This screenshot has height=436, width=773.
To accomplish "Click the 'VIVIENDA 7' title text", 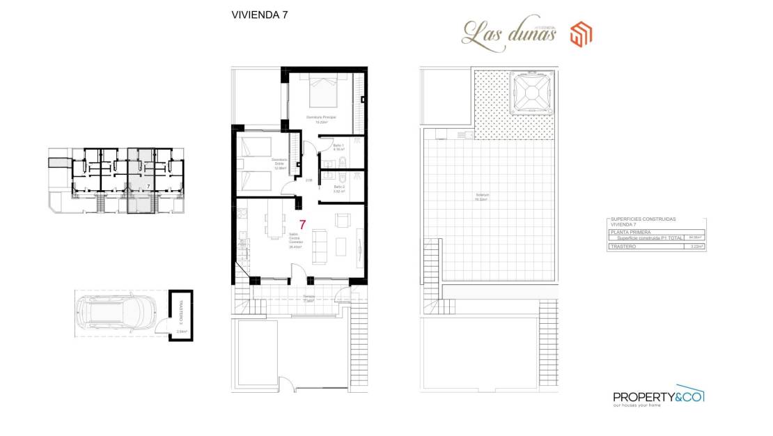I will coord(259,14).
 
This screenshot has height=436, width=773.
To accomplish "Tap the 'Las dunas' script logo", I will coord(509,32).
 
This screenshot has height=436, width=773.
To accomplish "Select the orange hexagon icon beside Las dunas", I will coord(581,33).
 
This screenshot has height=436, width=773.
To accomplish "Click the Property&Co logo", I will coord(659,397).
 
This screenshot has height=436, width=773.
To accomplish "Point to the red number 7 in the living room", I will coord(302,224).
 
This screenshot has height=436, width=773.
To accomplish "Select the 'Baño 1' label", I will coord(339,146).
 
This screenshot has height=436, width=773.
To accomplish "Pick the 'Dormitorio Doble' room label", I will coord(280,163).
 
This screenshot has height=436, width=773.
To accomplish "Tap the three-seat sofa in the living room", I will coord(320,247).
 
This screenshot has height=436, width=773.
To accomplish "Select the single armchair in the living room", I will coord(343,220).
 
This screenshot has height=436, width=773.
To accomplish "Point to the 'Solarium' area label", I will coord(481,197).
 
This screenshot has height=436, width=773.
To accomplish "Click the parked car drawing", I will coord(118,312).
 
